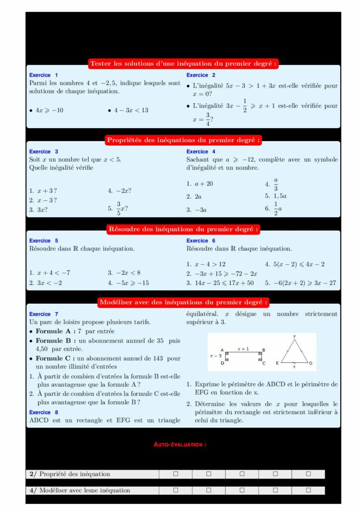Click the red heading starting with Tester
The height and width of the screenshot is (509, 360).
click(183, 64)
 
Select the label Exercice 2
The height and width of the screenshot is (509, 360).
click(200, 75)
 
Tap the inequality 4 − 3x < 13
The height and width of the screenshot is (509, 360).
click(130, 110)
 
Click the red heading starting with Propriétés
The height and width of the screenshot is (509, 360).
click(183, 140)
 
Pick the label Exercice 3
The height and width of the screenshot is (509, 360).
click(44, 152)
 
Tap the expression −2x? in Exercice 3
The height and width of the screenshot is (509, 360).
click(124, 191)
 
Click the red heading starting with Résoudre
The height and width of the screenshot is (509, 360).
click(183, 229)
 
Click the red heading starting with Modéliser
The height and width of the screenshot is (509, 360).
click(183, 302)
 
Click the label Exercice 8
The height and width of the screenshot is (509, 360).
click(44, 412)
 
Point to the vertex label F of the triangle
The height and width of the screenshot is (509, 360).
click(294, 337)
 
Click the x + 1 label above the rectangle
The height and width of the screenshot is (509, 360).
click(243, 349)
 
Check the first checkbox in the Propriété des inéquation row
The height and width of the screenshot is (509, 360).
click(176, 474)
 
